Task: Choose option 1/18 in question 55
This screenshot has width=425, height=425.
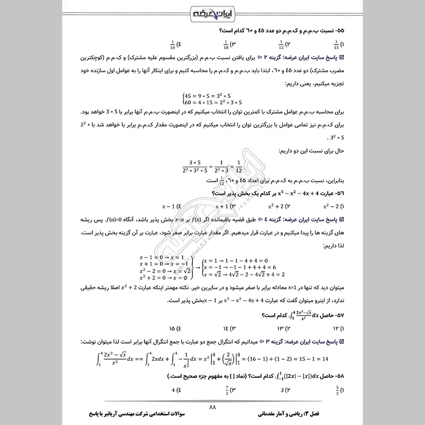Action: click(x=226, y=44)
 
